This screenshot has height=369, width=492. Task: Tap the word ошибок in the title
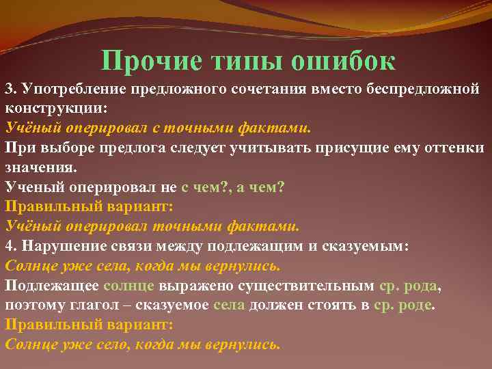pyautogui.click(x=344, y=61)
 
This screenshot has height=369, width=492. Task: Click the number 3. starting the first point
pyautogui.click(x=11, y=89)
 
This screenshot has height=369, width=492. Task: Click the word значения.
pyautogui.click(x=41, y=167)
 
